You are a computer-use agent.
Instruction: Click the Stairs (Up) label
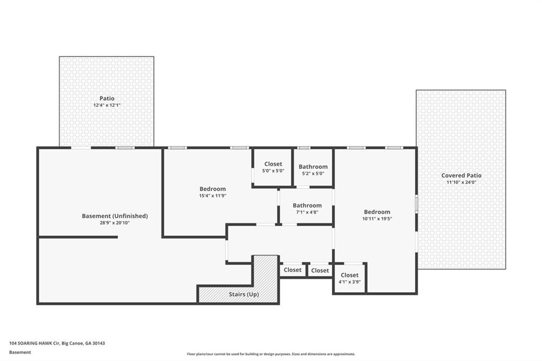243,294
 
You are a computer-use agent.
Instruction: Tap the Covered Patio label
461,175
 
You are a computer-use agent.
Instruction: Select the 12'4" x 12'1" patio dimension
107,105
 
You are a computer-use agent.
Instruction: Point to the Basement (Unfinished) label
115,216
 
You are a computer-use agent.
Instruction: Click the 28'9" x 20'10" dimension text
115,223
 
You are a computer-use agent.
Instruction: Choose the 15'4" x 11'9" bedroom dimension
213,196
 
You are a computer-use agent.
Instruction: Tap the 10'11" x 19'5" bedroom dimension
377,219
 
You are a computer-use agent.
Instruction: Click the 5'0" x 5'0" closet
273,167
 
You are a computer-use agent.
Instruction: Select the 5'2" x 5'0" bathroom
313,168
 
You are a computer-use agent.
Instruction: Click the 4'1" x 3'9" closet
349,278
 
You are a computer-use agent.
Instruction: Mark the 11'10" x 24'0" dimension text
461,182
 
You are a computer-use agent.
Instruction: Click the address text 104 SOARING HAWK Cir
34,344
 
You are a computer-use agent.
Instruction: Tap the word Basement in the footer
20,353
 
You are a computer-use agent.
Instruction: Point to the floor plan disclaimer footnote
271,354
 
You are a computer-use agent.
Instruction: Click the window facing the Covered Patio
417,203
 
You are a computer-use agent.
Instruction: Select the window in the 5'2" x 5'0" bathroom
303,148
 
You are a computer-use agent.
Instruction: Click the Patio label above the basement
107,98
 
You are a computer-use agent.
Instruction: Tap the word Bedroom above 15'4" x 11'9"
213,189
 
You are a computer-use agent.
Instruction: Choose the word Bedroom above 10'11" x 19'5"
377,212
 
